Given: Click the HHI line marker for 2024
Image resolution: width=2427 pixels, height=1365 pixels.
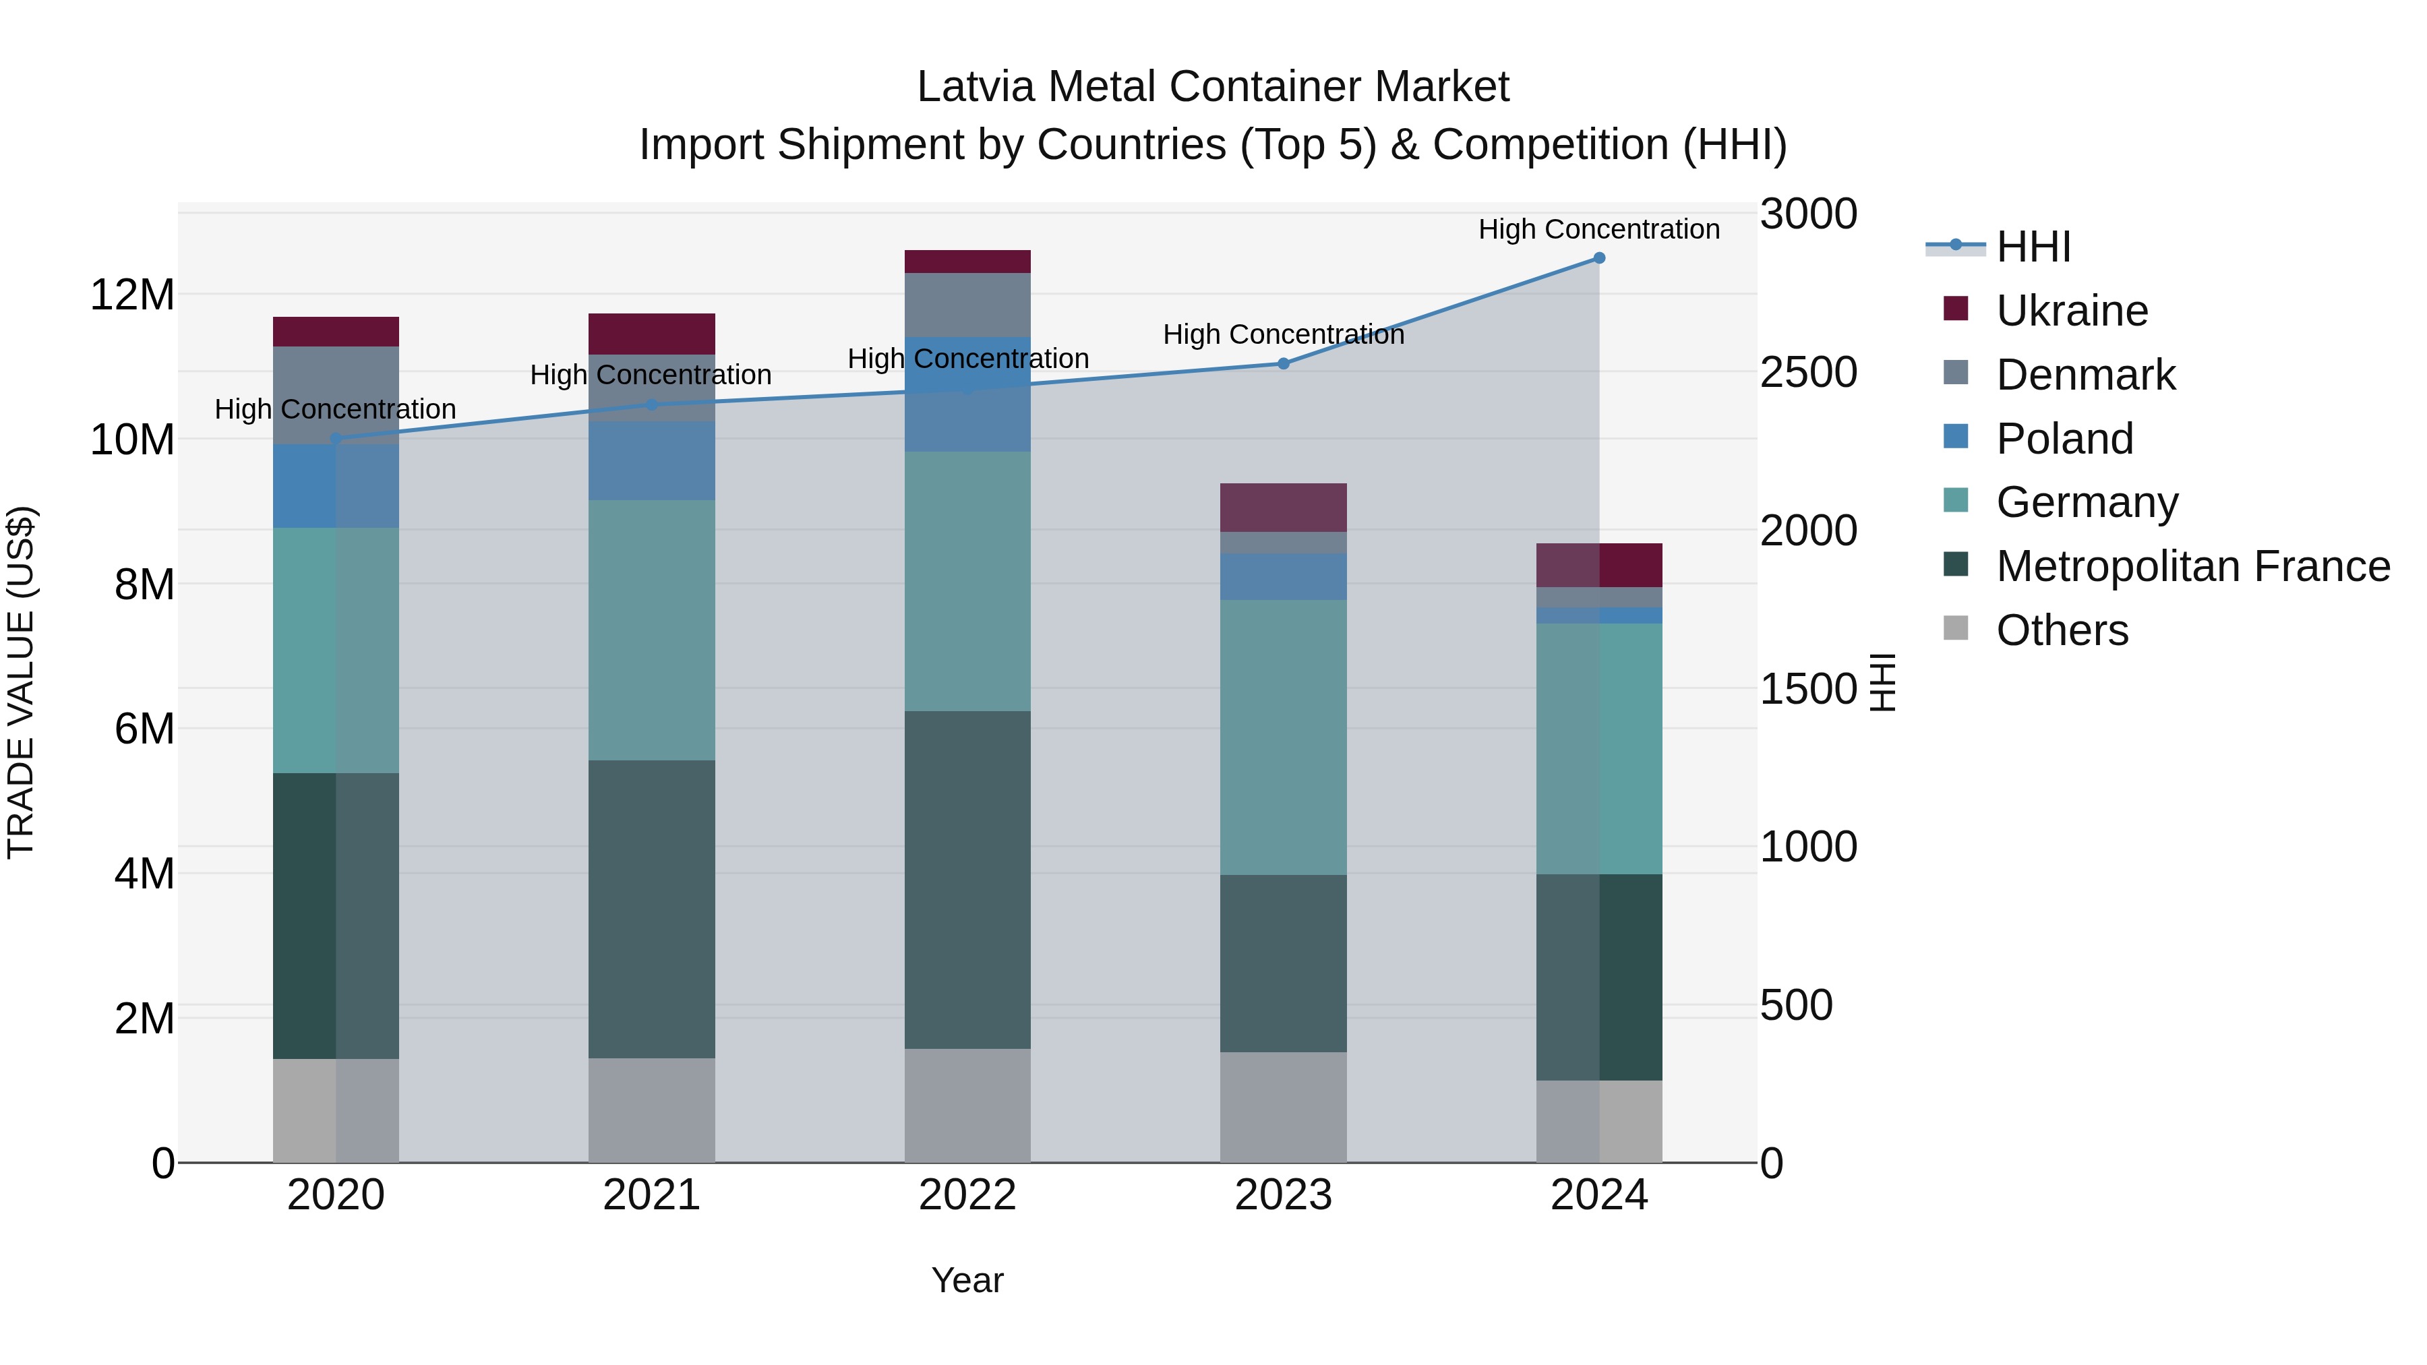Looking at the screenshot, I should (x=1599, y=258).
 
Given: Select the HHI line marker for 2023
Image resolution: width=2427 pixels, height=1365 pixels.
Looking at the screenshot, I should (x=1283, y=363).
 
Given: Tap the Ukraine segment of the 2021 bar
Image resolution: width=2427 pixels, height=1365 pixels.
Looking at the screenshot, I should (x=651, y=334).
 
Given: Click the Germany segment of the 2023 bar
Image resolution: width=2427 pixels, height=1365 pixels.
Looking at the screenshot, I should (x=1283, y=737).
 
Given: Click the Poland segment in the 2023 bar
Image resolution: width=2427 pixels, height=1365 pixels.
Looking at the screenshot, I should (x=1283, y=576).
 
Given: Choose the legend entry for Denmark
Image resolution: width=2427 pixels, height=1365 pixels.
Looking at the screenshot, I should (x=2085, y=375).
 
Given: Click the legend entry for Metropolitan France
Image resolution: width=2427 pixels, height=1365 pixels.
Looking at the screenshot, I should (x=2192, y=566).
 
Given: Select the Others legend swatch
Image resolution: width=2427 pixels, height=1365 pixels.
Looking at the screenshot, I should (x=1956, y=628).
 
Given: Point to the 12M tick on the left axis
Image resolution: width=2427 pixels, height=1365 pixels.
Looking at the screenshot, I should (x=132, y=295).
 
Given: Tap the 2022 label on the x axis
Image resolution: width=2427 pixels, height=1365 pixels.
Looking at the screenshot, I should (x=967, y=1195).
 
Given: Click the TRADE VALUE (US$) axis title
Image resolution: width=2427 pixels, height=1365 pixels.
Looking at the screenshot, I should (x=21, y=682).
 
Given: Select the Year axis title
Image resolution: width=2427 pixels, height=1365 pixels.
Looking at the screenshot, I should (x=967, y=1280).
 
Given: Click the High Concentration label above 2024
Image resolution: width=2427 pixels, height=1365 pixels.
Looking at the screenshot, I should (x=1599, y=229).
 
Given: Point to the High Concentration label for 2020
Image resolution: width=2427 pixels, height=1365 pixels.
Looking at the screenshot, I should (x=336, y=409).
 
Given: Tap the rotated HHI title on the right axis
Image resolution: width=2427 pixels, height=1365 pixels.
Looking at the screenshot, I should (x=1882, y=682).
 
